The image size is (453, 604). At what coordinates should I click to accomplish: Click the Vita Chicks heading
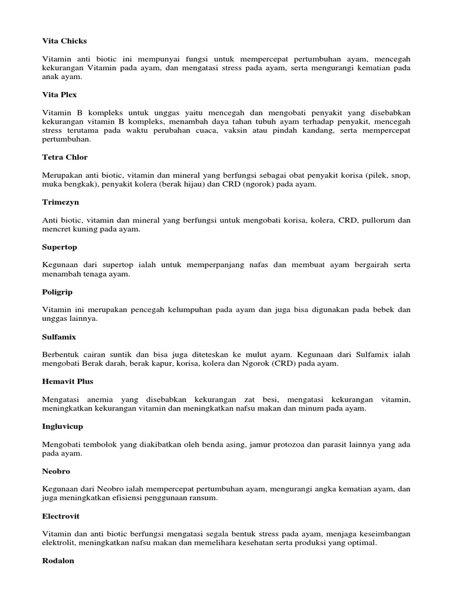[64, 41]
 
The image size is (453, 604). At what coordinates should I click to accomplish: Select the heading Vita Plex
[60, 94]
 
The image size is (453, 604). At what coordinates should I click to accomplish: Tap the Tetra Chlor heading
[65, 157]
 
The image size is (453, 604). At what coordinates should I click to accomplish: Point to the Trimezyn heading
[60, 202]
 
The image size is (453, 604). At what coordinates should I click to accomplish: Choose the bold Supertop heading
[60, 247]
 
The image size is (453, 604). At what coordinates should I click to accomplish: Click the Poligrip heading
[57, 292]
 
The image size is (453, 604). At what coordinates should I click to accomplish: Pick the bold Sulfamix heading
[59, 337]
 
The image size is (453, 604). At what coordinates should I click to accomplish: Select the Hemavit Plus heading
[68, 382]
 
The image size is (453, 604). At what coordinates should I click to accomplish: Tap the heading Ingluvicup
[62, 426]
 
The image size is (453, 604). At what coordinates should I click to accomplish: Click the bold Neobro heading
[56, 471]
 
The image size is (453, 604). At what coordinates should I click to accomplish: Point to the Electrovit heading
[61, 516]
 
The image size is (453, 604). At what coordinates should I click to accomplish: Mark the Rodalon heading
[58, 561]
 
